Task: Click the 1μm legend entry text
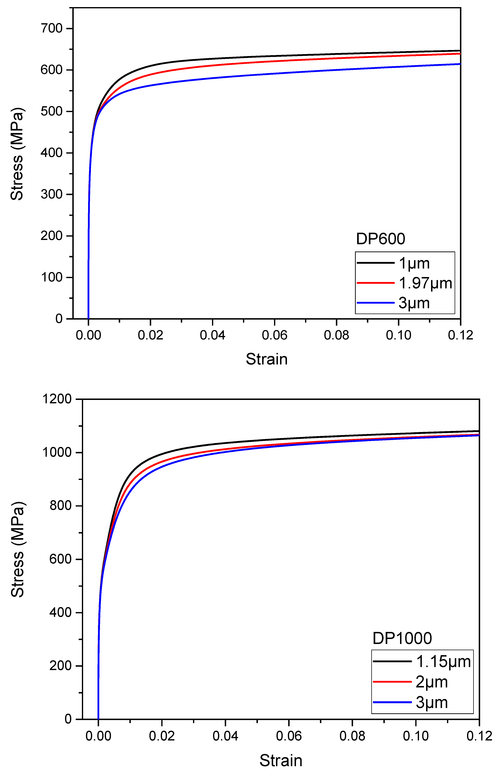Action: point(414,263)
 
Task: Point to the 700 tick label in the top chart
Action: point(51,29)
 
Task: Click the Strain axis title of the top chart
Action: point(267,359)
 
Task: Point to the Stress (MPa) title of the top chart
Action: point(17,154)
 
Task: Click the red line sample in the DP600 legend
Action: point(375,283)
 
